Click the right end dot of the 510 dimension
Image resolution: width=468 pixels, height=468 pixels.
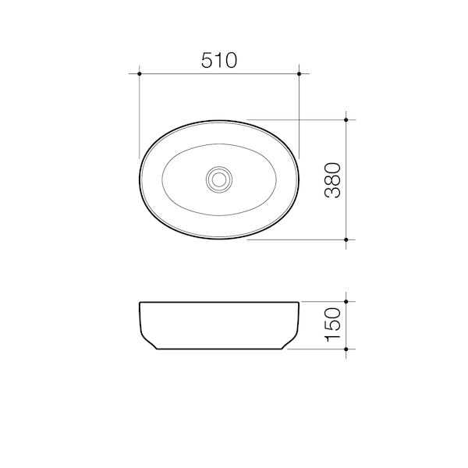tap(300, 74)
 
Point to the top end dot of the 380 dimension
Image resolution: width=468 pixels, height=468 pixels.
tap(347, 120)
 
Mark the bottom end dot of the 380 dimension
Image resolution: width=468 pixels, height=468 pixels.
tap(347, 239)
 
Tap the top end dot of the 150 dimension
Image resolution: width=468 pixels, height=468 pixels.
tap(347, 301)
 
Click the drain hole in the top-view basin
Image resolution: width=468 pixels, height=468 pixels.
tap(219, 179)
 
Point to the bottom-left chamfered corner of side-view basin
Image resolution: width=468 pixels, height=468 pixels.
tap(149, 342)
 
